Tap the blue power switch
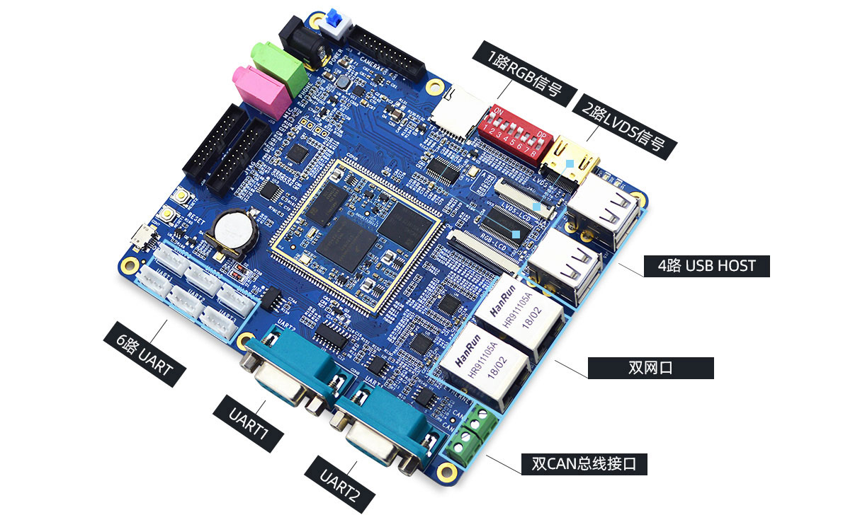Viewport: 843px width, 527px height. (335, 24)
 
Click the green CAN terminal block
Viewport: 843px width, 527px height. (470, 433)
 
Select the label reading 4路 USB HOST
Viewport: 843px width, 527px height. (706, 266)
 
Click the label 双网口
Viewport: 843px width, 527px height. (650, 368)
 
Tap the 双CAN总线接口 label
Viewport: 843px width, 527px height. (584, 464)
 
